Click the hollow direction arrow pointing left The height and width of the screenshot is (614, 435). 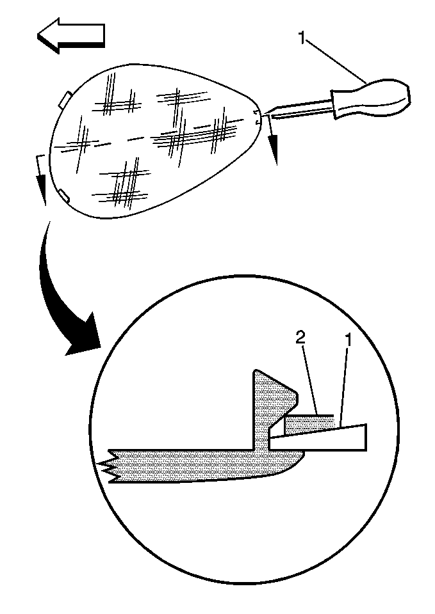(x=70, y=35)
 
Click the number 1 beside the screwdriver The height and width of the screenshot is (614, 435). (x=302, y=38)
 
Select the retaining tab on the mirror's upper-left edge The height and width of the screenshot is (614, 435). (x=65, y=100)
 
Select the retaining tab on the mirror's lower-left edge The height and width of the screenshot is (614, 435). (x=64, y=195)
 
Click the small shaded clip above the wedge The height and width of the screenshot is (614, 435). (x=310, y=426)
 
